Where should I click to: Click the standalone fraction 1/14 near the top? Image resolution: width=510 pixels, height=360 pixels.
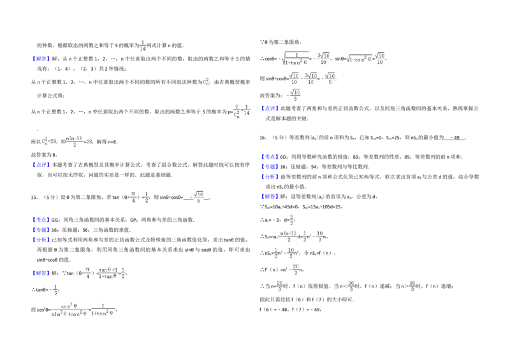click(x=143, y=46)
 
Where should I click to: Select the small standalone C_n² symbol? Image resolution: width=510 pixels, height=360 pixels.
click(x=204, y=82)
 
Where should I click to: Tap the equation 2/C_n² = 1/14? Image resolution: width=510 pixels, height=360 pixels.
click(x=242, y=112)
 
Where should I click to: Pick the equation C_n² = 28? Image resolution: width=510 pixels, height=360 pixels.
click(x=48, y=140)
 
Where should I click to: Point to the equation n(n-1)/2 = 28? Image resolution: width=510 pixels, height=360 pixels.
click(x=76, y=140)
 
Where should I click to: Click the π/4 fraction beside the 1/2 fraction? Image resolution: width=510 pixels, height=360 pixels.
click(x=133, y=196)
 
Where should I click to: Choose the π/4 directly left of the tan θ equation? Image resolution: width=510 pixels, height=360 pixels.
click(x=87, y=273)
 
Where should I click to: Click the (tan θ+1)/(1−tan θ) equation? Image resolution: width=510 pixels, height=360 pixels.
click(x=112, y=273)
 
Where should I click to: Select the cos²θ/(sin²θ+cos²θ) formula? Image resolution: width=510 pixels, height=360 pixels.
click(x=82, y=310)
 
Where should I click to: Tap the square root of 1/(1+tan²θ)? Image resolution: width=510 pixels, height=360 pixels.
click(x=296, y=59)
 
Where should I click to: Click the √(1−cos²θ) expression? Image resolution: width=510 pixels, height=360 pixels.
click(x=365, y=59)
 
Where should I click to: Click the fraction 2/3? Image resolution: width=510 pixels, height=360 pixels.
click(x=291, y=219)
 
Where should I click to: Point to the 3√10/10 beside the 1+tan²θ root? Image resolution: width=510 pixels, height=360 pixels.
click(x=324, y=59)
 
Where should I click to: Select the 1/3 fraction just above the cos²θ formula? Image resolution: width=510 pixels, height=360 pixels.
click(x=56, y=288)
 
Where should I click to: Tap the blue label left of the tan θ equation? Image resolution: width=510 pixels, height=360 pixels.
click(x=41, y=274)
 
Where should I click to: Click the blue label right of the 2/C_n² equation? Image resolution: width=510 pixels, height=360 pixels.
click(x=270, y=108)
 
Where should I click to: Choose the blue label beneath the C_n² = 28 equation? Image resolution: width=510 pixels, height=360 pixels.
click(x=41, y=164)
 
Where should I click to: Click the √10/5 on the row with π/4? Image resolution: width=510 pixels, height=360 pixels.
click(x=199, y=196)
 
